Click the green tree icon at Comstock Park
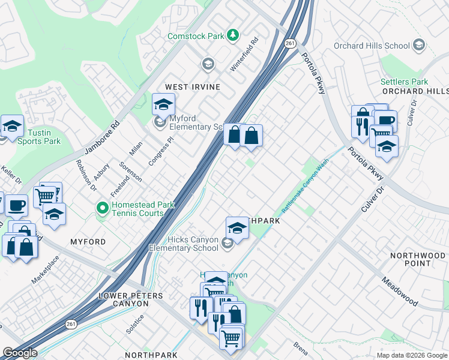pos(233,36)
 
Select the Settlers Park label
pos(403,82)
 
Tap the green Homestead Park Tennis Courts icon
pos(103,208)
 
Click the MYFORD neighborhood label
pos(88,242)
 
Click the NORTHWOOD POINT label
pos(418,260)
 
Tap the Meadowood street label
pos(399,290)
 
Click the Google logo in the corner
pos(20,353)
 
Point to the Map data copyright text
pos(412,355)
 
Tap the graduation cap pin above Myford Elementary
pos(163,105)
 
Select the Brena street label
pos(300,347)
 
